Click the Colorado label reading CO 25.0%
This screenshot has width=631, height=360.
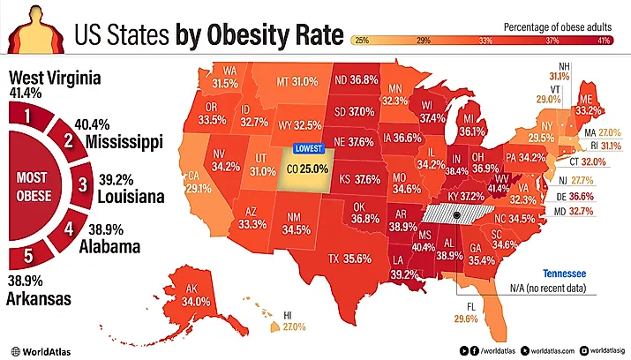pyautogui.click(x=306, y=168)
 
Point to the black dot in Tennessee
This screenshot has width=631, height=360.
pyautogui.click(x=456, y=214)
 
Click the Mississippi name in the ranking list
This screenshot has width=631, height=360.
pyautogui.click(x=124, y=142)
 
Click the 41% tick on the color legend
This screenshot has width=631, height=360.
pyautogui.click(x=603, y=41)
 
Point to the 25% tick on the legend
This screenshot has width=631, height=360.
pyautogui.click(x=361, y=41)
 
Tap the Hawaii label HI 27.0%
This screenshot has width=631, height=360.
pyautogui.click(x=293, y=321)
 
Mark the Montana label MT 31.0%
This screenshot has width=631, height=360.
pyautogui.click(x=296, y=81)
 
